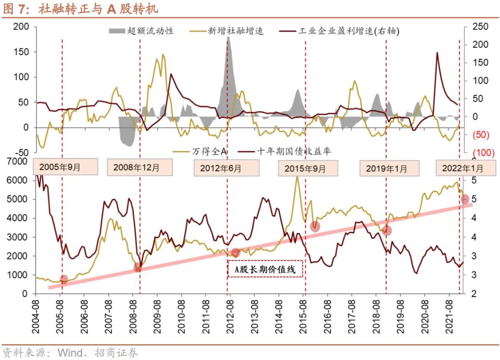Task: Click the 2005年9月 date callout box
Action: point(65,167)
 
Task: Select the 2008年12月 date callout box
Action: point(139,167)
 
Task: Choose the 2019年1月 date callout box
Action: point(389,168)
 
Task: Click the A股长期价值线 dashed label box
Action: point(265,269)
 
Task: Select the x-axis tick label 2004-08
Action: point(36,316)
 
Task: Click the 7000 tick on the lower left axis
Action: point(18,161)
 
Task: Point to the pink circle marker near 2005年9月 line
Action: point(63,279)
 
